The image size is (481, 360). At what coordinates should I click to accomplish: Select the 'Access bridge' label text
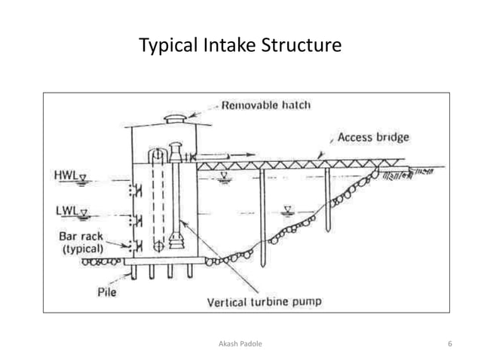pos(373,138)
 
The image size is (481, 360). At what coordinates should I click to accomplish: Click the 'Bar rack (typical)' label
pos(81,241)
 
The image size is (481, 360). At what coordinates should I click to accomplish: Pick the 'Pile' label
pos(106,291)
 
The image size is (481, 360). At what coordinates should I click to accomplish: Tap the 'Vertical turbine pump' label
pos(264,302)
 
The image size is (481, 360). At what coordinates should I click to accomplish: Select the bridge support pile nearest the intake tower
pos(262,218)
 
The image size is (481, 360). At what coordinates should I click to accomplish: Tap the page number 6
pos(449,343)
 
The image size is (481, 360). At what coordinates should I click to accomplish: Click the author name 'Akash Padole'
pos(240,343)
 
